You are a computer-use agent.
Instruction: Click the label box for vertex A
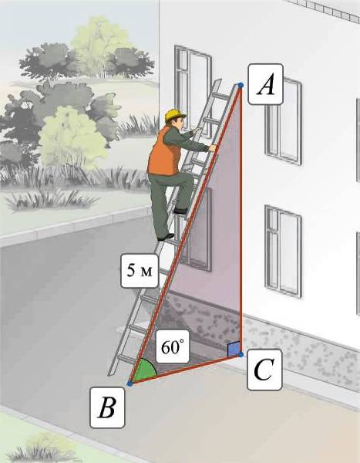coord(266,84)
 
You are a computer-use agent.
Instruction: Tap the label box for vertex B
coord(107,407)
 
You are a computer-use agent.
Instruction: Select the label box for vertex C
coord(264,370)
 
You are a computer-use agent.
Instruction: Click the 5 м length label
coord(140,271)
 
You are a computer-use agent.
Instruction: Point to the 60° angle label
coord(173,346)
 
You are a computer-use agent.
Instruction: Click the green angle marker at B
coord(146,370)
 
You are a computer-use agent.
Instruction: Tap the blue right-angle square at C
coord(233,350)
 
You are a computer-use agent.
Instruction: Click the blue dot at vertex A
coord(241,85)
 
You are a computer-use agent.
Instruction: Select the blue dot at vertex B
coord(130,384)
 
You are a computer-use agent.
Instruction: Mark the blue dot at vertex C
coord(241,354)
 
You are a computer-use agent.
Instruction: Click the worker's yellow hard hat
coord(175,115)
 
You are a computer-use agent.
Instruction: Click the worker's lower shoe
coord(166,237)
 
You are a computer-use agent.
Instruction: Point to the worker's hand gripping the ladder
coord(213,147)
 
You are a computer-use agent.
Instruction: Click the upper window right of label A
coord(283,120)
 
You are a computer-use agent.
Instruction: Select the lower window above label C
coord(283,252)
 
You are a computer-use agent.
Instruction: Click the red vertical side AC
coord(241,220)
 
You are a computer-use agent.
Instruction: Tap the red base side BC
coord(185,369)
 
